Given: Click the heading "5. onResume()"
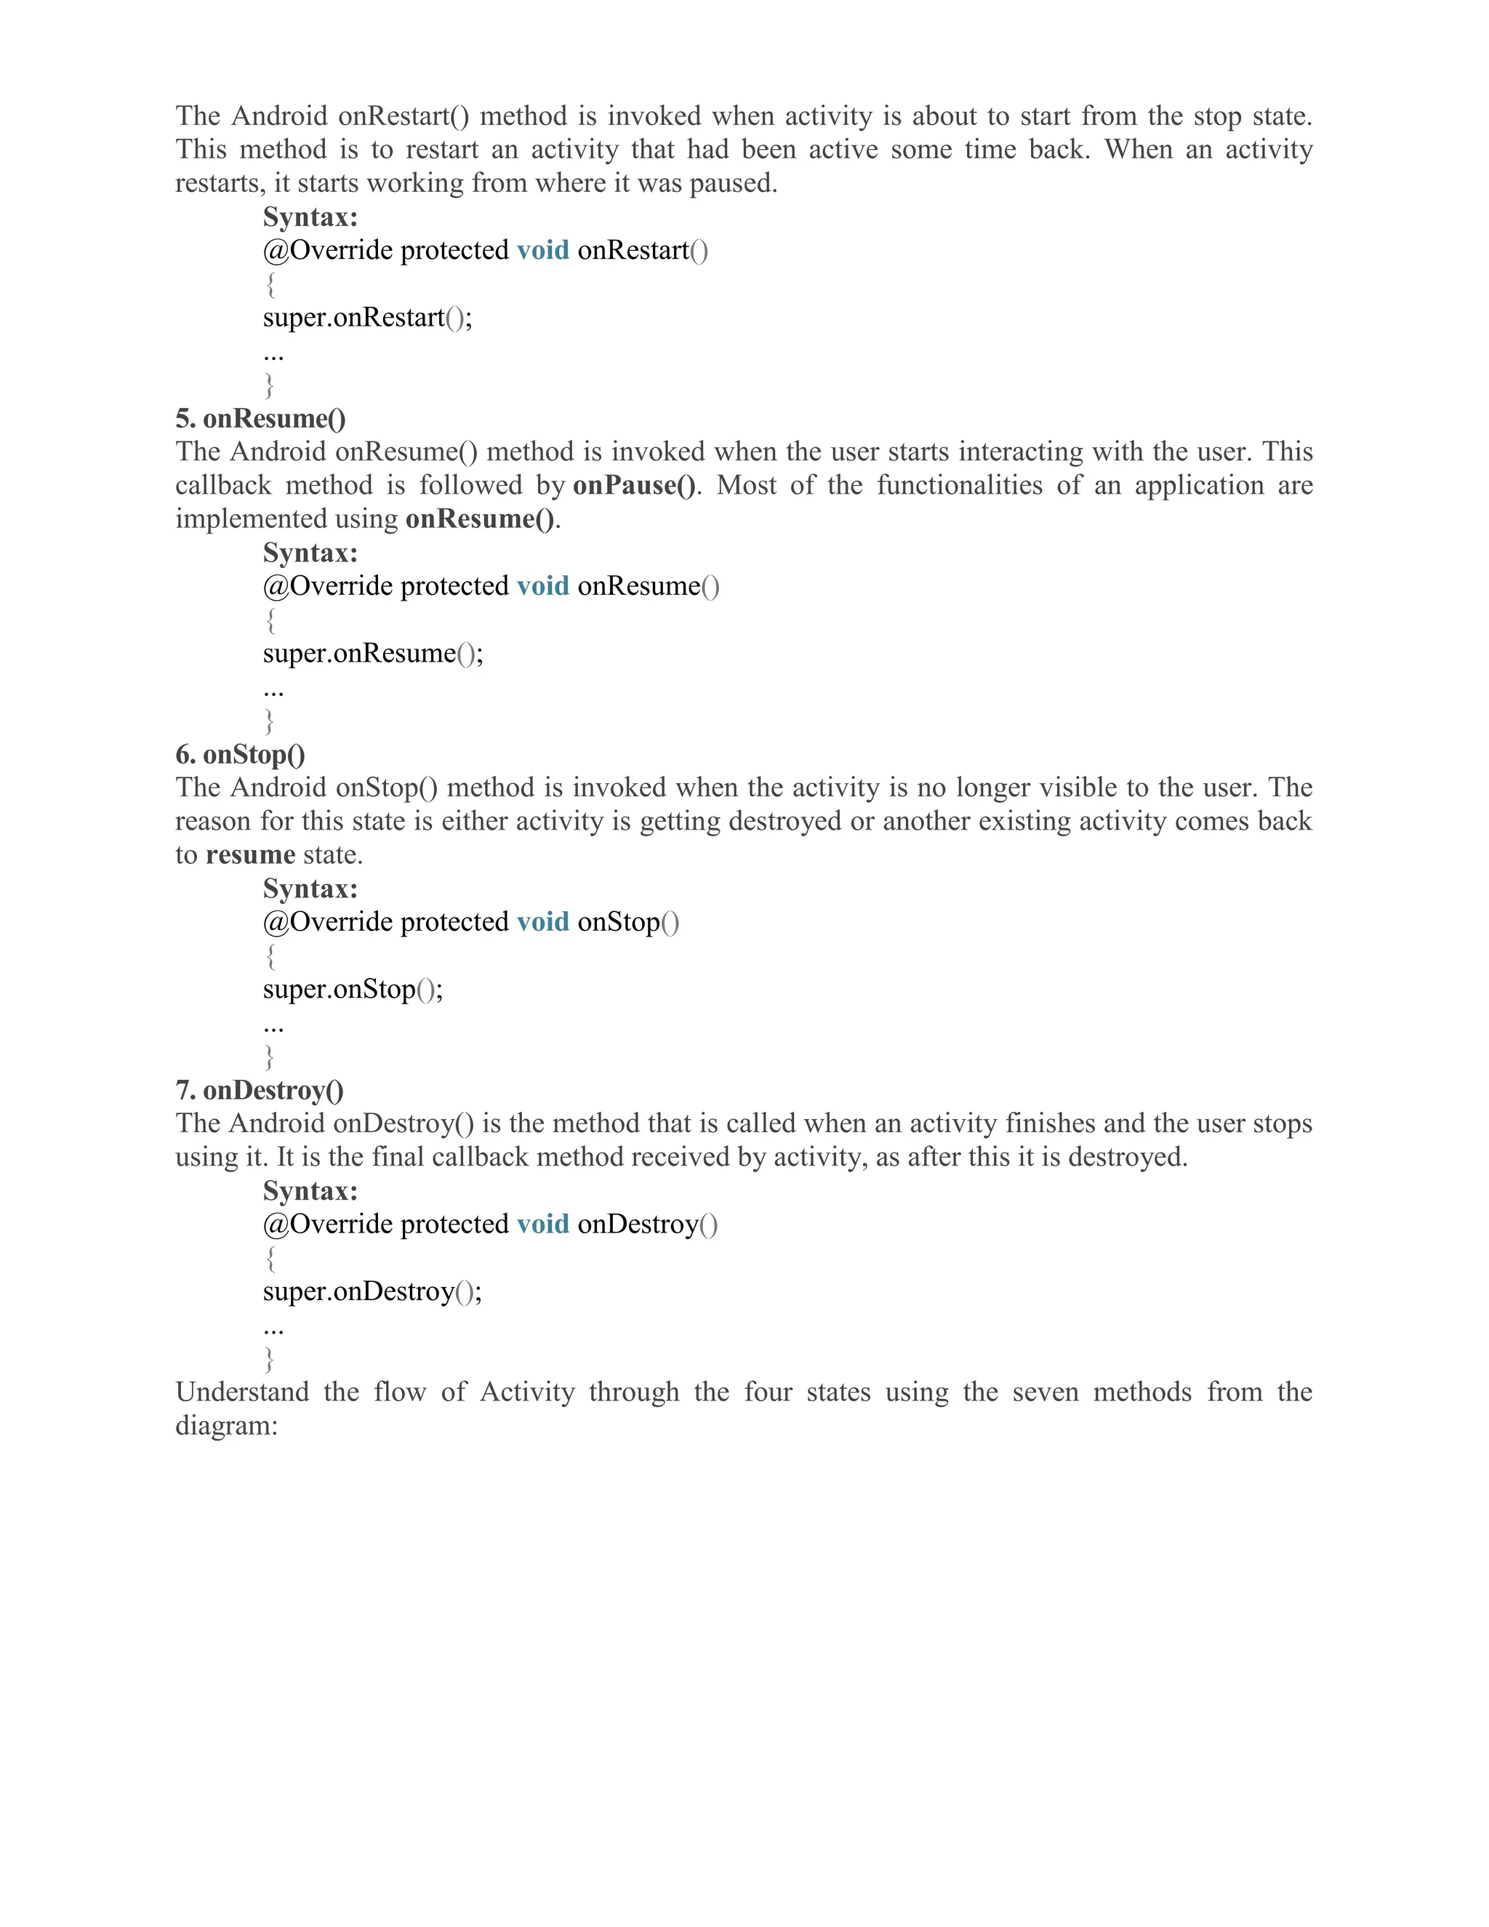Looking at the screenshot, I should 260,418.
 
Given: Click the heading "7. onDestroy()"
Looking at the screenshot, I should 260,1091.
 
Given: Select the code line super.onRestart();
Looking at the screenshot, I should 367,318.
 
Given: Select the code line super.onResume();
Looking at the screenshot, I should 373,654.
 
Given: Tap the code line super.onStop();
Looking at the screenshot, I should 353,989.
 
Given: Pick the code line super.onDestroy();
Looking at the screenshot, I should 372,1291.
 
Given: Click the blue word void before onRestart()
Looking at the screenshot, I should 542,251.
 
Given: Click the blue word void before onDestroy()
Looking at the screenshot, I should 542,1225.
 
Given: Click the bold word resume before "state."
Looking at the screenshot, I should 251,855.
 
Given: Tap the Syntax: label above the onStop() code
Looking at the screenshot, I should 310,889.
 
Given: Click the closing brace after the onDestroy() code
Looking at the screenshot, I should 270,1359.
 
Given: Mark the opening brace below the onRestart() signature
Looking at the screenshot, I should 270,284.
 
